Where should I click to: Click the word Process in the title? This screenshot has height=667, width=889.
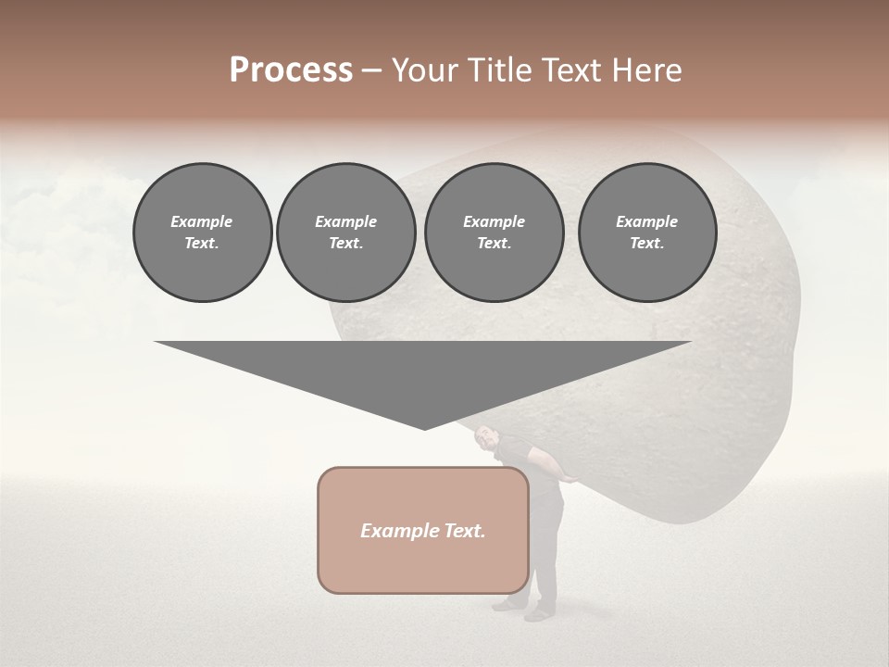point(291,70)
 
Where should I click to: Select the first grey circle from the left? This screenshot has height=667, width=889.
point(202,233)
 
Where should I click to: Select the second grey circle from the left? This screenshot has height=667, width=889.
point(345,233)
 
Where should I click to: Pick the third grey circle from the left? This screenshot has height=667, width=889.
point(494,233)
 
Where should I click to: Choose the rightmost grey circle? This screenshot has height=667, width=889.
point(647,233)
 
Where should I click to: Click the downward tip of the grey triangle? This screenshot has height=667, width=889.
point(424,429)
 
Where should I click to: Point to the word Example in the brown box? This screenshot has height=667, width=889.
point(394,531)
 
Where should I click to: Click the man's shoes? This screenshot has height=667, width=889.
point(524,610)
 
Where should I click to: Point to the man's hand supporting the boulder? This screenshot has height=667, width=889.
point(572,477)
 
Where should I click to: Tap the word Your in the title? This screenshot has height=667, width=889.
point(422,70)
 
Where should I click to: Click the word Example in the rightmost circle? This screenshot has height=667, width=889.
point(646,221)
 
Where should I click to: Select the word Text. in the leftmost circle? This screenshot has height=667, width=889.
point(202,244)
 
